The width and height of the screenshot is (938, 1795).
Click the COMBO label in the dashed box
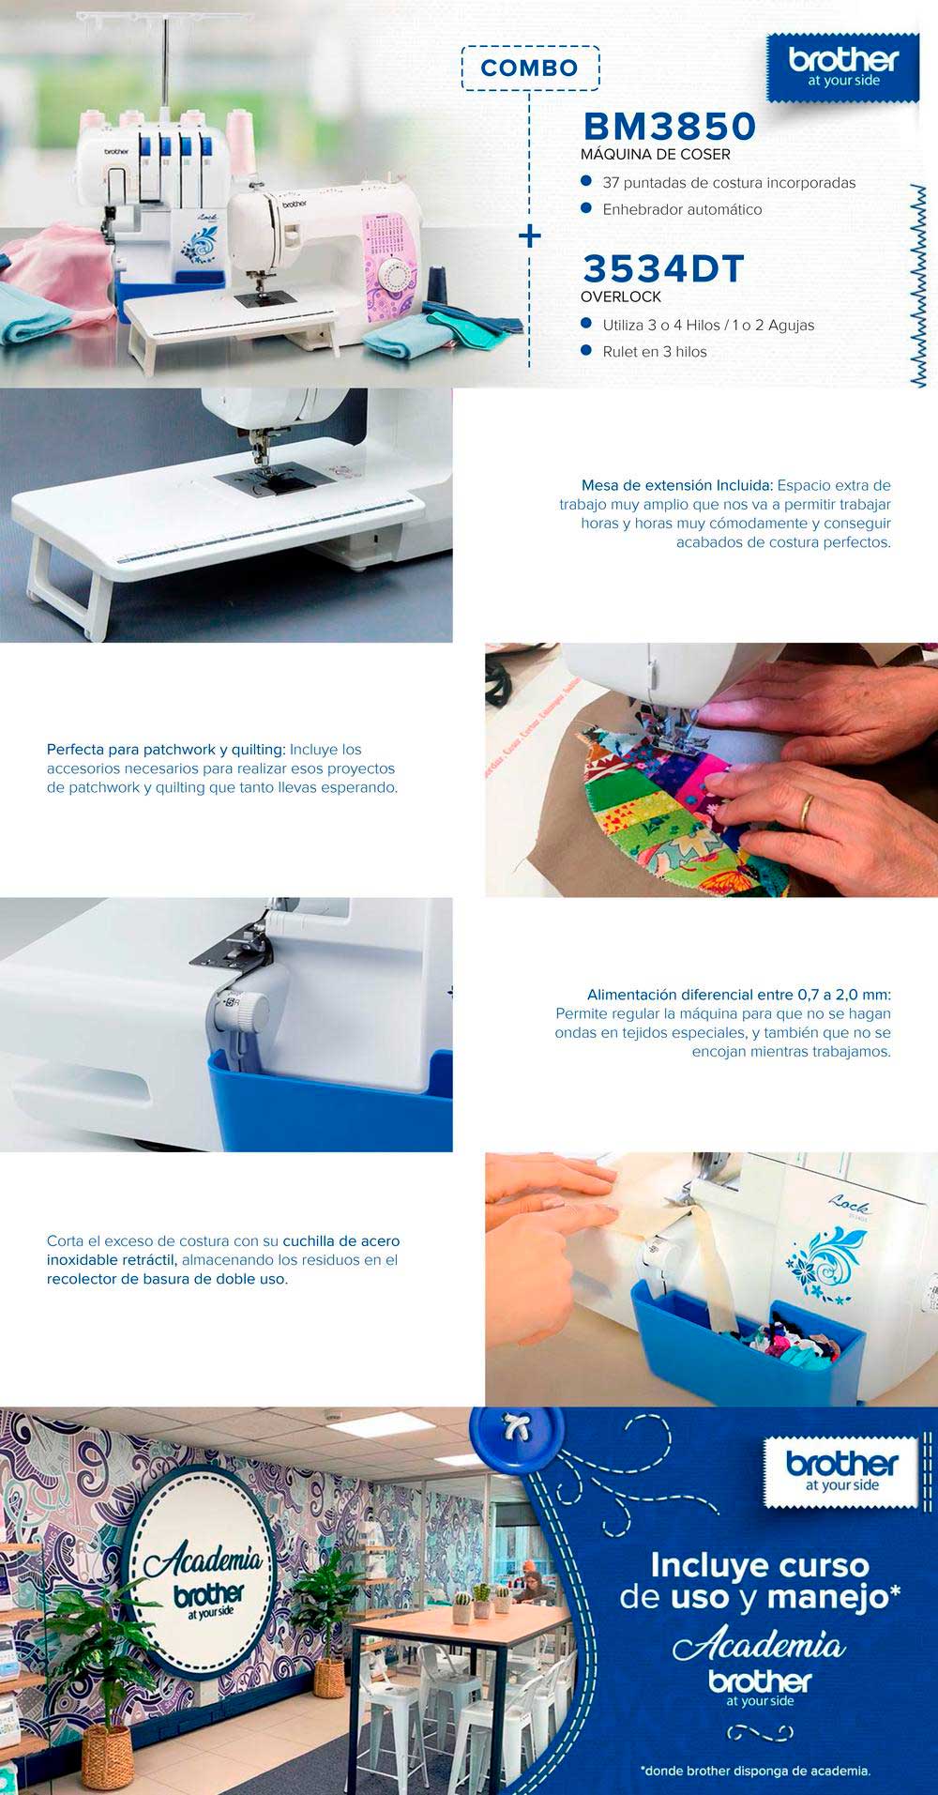coord(529,68)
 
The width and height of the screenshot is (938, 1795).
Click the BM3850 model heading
coord(670,126)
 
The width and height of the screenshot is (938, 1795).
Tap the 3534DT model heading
coord(663,269)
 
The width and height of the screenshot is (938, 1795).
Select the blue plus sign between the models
coord(530,235)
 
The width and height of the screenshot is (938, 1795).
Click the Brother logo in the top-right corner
coord(843,68)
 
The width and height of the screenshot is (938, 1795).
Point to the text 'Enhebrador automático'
coord(682,209)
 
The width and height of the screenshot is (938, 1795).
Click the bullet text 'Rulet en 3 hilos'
coord(655,352)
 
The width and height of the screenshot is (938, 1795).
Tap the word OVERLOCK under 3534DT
coord(621,297)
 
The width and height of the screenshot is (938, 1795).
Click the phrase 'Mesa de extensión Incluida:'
coord(677,486)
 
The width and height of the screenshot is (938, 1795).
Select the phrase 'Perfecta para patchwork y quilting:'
coord(166,750)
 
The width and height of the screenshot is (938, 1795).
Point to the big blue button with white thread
coord(510,1438)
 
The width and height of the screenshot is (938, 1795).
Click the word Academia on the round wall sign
coord(203,1561)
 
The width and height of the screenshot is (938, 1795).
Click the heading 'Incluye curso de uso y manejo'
coord(761,1581)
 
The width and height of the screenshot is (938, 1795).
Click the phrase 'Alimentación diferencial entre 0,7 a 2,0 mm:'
coord(739,995)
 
